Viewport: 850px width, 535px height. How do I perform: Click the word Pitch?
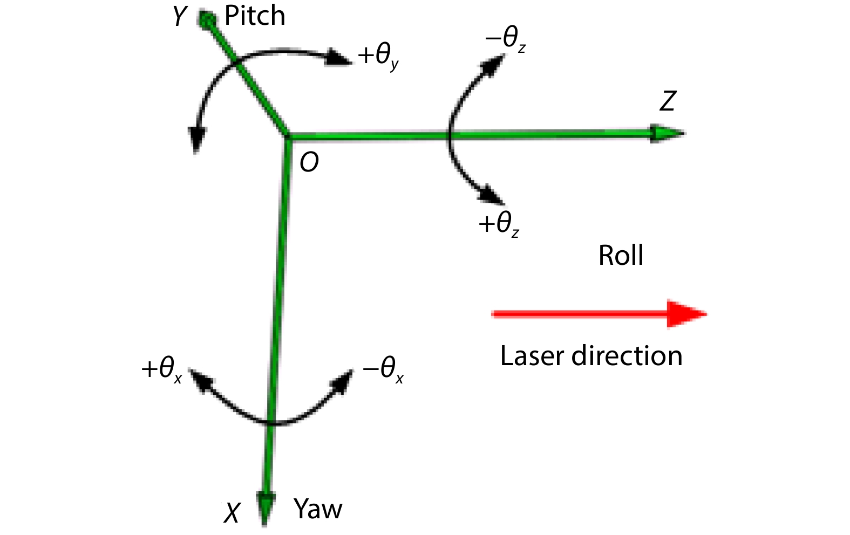(255, 16)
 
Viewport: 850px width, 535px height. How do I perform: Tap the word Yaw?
(318, 509)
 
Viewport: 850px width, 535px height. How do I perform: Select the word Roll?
(621, 255)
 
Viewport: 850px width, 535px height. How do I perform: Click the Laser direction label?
(591, 356)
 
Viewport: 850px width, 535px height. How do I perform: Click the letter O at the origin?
(309, 163)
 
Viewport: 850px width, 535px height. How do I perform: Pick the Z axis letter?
(668, 101)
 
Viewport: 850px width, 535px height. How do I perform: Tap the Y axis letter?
(180, 16)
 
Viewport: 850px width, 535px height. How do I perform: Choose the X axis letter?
(232, 513)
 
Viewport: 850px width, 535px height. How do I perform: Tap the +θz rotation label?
(499, 224)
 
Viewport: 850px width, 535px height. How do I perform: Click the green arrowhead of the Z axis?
(667, 133)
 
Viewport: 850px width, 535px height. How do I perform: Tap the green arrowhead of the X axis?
(265, 508)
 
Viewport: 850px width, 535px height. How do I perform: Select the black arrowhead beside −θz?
(493, 65)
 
